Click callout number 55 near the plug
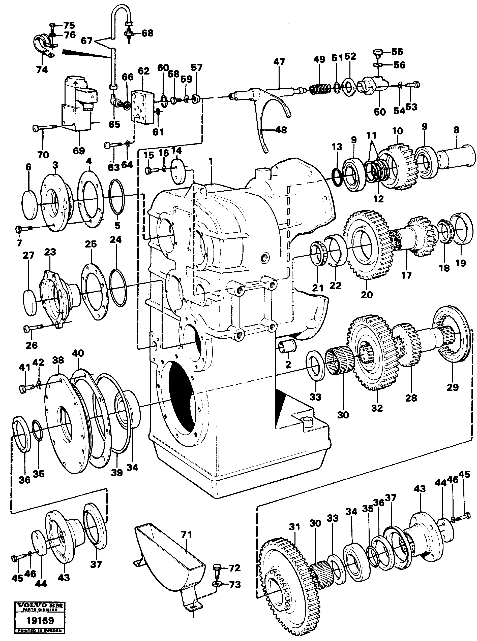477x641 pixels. [397, 52]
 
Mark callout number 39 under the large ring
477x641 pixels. [117, 473]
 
